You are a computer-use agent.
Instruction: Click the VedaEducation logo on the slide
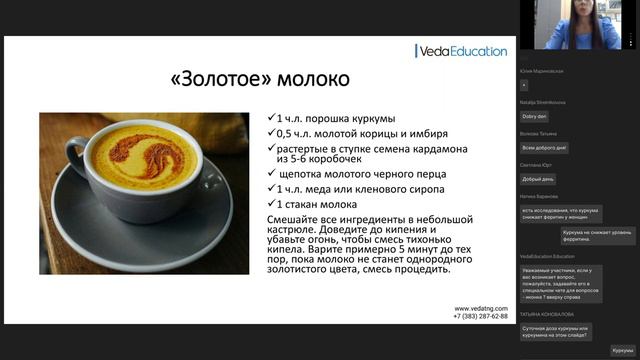(461, 51)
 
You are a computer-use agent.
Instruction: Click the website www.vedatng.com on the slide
(481, 308)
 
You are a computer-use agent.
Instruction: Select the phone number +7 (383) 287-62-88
(481, 316)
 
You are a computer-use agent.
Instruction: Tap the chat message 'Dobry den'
(534, 116)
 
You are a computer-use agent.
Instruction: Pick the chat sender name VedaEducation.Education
(553, 256)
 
